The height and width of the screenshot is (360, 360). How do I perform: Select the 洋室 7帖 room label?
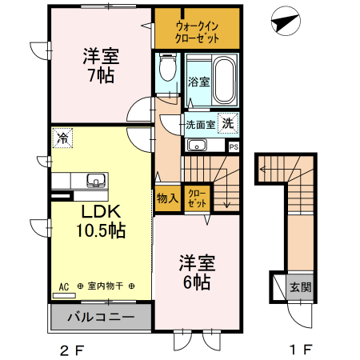(101, 65)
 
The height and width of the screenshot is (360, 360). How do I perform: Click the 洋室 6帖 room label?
(195, 271)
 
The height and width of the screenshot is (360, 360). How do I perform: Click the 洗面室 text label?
(200, 124)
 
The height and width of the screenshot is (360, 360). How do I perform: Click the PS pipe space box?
(234, 146)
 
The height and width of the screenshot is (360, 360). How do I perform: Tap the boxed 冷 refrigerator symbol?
(62, 138)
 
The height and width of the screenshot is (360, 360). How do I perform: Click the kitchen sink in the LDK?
(95, 180)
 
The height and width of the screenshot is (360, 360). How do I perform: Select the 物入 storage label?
(167, 198)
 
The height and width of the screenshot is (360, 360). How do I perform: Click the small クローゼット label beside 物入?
(197, 198)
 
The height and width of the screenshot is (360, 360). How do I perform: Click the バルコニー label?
(100, 317)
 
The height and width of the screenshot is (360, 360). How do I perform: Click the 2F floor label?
(71, 349)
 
